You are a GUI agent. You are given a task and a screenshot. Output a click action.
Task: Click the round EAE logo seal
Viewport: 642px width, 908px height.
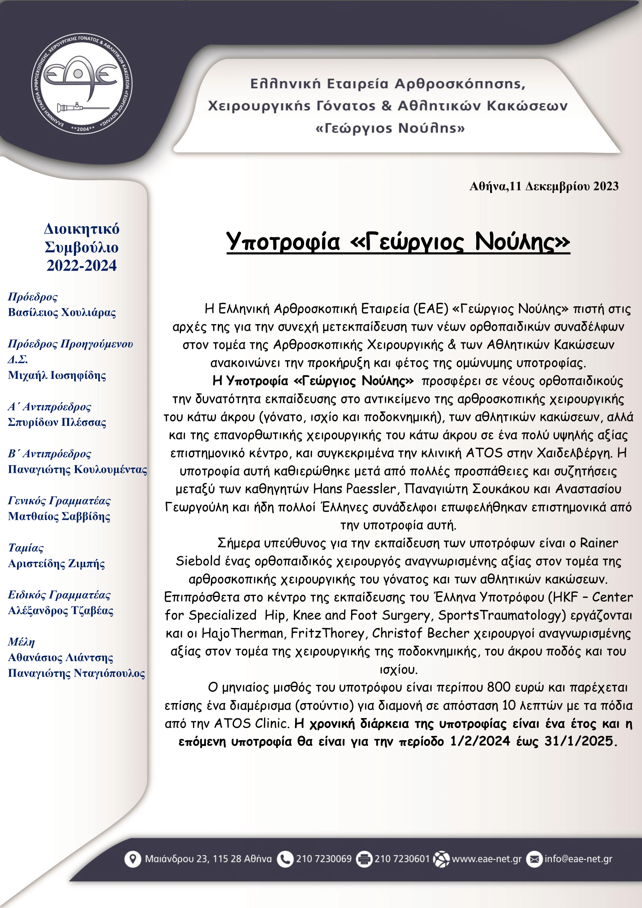point(82,83)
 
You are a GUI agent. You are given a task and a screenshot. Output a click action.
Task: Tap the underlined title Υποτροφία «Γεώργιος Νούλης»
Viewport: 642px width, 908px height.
point(398,241)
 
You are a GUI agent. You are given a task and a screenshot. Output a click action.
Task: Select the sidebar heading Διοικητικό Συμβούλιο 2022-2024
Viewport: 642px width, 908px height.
point(82,247)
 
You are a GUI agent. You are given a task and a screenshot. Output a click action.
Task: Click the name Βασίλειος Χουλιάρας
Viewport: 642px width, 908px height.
point(62,313)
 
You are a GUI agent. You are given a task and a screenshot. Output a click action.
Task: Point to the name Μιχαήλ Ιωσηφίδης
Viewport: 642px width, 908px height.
point(57,375)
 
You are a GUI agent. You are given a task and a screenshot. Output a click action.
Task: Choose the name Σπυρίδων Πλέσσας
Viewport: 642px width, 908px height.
point(57,422)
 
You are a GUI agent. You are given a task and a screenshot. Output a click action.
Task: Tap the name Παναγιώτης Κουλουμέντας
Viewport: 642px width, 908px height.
point(77,469)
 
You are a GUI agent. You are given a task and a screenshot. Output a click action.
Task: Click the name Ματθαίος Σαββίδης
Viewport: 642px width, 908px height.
point(59,516)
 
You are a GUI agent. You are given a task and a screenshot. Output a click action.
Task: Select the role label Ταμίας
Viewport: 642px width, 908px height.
point(26,548)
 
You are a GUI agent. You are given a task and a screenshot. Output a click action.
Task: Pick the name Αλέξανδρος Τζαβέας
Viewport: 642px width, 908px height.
point(61,611)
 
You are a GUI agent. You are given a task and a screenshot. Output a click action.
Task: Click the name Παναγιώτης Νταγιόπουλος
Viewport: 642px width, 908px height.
point(77,673)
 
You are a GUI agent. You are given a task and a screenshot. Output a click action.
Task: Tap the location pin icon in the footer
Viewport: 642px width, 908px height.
point(132,859)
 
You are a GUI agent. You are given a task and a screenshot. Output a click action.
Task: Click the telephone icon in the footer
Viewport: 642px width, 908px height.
point(284,859)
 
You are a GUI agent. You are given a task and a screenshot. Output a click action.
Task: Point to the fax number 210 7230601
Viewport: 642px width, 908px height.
point(402,859)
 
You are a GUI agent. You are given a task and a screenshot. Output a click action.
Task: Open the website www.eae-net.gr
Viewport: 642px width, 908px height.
point(486,859)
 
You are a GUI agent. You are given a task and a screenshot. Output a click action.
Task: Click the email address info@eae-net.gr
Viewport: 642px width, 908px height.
point(578,859)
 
